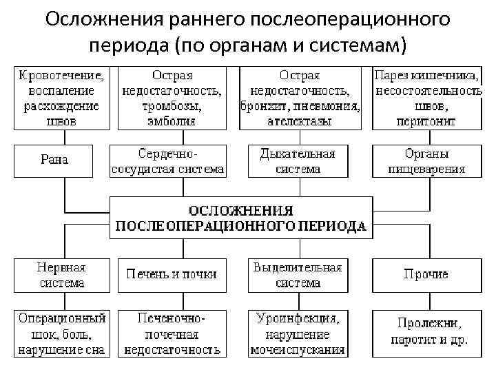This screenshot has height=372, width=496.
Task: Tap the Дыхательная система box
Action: pyautogui.click(x=298, y=160)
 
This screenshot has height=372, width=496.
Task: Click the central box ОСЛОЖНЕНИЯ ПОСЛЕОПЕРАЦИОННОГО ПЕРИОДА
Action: pyautogui.click(x=241, y=218)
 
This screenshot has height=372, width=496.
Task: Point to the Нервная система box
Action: pyautogui.click(x=62, y=274)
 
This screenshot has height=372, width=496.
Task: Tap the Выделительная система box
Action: pyautogui.click(x=298, y=274)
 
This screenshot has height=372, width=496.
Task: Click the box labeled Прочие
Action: pyautogui.click(x=426, y=274)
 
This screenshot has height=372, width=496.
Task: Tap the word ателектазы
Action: pyautogui.click(x=300, y=121)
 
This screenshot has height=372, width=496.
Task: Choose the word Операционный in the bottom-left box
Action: pyautogui.click(x=62, y=319)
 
